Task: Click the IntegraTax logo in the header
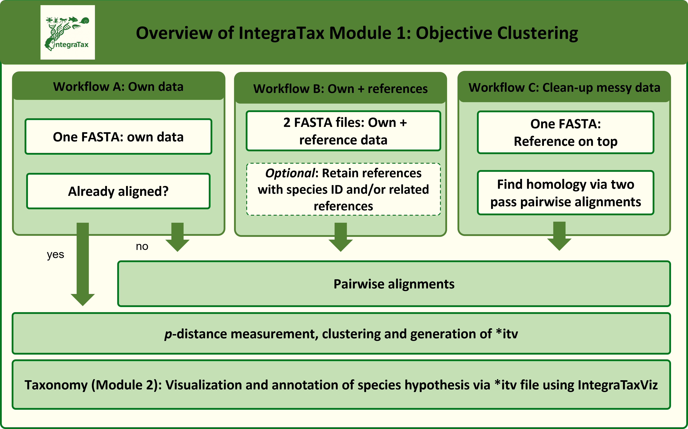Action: [x=68, y=32]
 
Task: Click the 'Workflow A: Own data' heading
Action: [x=118, y=87]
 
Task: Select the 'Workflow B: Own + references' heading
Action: [x=340, y=89]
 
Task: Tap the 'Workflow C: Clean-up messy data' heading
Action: [x=564, y=87]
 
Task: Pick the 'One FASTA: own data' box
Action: [x=118, y=137]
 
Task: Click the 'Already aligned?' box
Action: [x=118, y=191]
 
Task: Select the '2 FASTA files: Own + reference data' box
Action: [x=343, y=131]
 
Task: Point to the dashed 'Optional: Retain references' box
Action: [x=343, y=189]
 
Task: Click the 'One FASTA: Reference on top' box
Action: [x=565, y=133]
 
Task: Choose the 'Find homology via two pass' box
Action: [x=565, y=193]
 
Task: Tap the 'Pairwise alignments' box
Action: [x=394, y=284]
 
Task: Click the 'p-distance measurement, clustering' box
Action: [x=341, y=334]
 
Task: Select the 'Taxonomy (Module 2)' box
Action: [x=341, y=385]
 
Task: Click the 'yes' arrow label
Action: [x=55, y=255]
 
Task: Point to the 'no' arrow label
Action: [x=142, y=246]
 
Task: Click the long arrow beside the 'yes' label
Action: [x=83, y=264]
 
